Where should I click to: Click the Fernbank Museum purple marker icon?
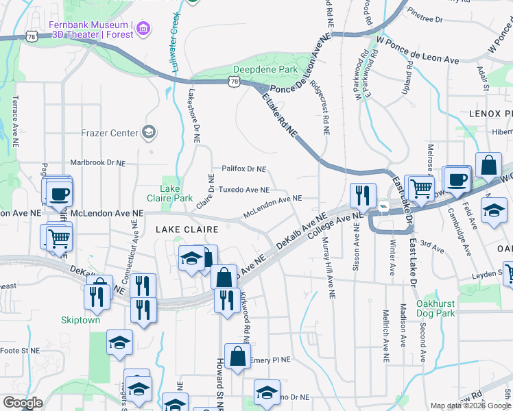[143, 28]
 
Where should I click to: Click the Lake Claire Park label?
[176, 193]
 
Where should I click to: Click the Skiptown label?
[81, 320]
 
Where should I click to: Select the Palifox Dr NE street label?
[243, 169]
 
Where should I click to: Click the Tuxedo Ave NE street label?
[243, 190]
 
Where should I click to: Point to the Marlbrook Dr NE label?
[98, 163]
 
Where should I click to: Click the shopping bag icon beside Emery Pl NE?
[237, 357]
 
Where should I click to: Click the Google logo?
[23, 403]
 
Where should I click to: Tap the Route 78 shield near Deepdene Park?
[235, 81]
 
